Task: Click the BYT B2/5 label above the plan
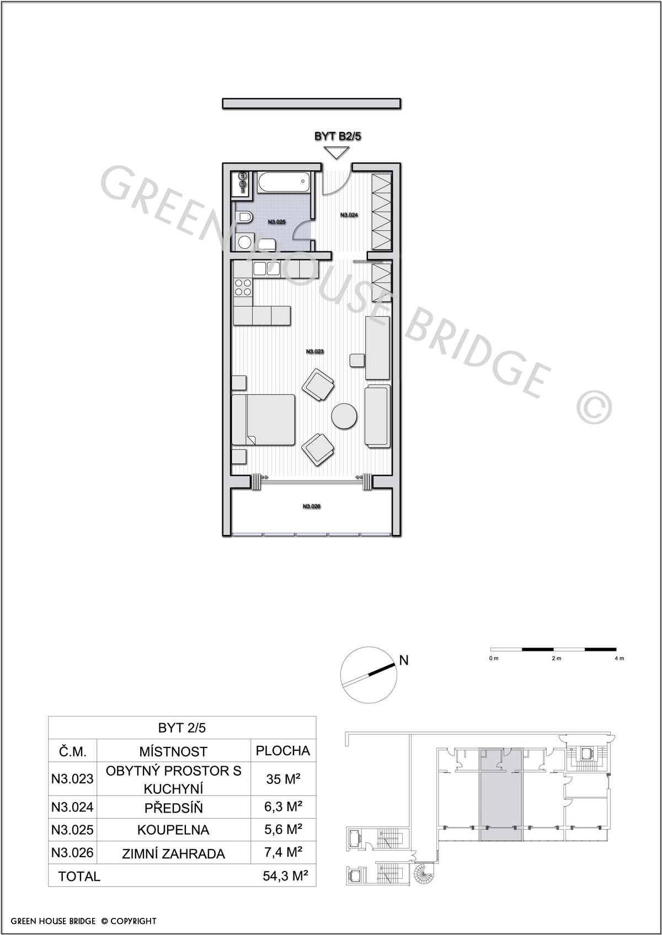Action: pos(338,136)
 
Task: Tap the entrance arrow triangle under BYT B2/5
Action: pos(337,153)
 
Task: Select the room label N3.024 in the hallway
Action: pos(349,215)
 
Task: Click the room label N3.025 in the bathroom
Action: pos(277,222)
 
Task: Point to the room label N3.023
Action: pos(314,351)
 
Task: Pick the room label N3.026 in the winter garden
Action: pos(311,506)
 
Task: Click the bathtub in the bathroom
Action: pos(284,183)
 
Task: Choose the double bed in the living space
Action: pos(263,419)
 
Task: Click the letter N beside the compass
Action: pos(404,660)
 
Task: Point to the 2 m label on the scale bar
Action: pos(556,659)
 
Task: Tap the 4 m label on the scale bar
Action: pos(620,659)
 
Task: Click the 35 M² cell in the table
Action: pos(284,779)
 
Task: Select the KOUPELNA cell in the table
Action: pos(173,830)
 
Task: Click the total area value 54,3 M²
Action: pos(286,875)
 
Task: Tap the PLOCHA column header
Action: pos(283,751)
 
